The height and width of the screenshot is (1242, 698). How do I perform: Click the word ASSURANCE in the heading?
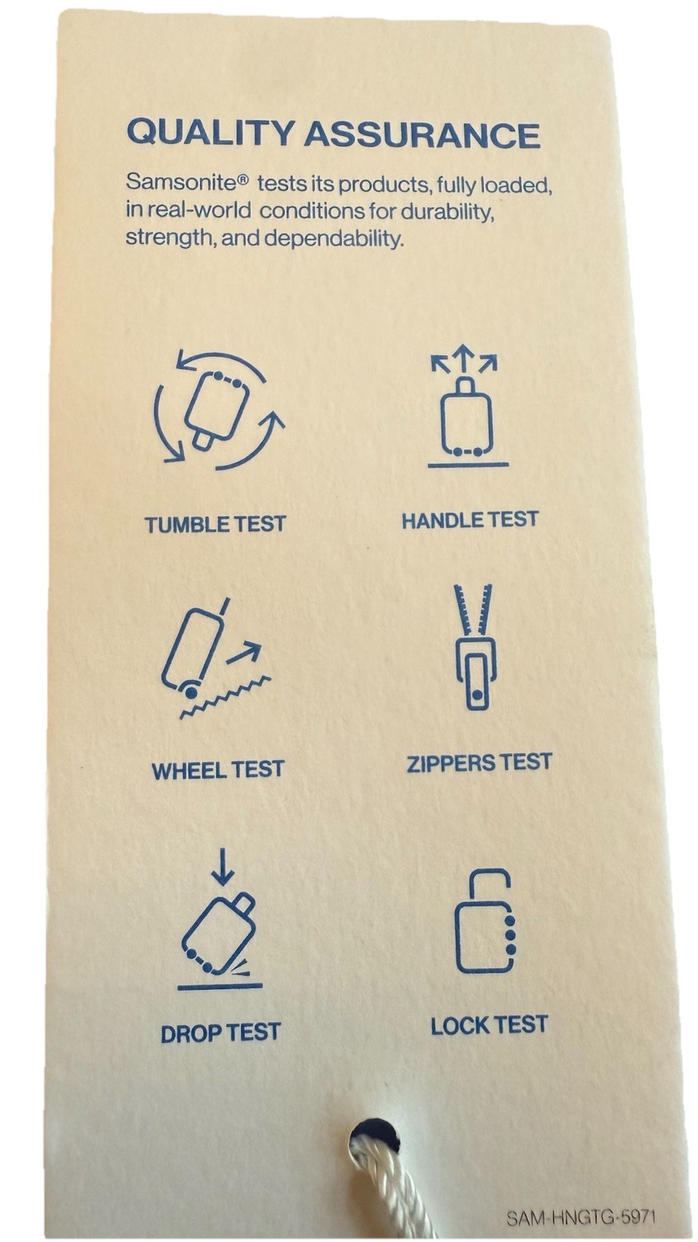point(422,135)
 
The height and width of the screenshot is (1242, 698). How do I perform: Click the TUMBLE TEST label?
point(216,524)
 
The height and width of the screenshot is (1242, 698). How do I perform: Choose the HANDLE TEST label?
point(470,520)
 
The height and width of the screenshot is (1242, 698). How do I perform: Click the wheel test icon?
point(216,658)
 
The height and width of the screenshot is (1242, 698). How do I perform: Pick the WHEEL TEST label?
point(218,769)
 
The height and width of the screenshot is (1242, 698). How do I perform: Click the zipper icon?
point(474,647)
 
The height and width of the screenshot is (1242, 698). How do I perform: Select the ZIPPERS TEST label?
point(480,762)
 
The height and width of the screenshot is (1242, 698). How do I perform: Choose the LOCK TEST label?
point(489,1025)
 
